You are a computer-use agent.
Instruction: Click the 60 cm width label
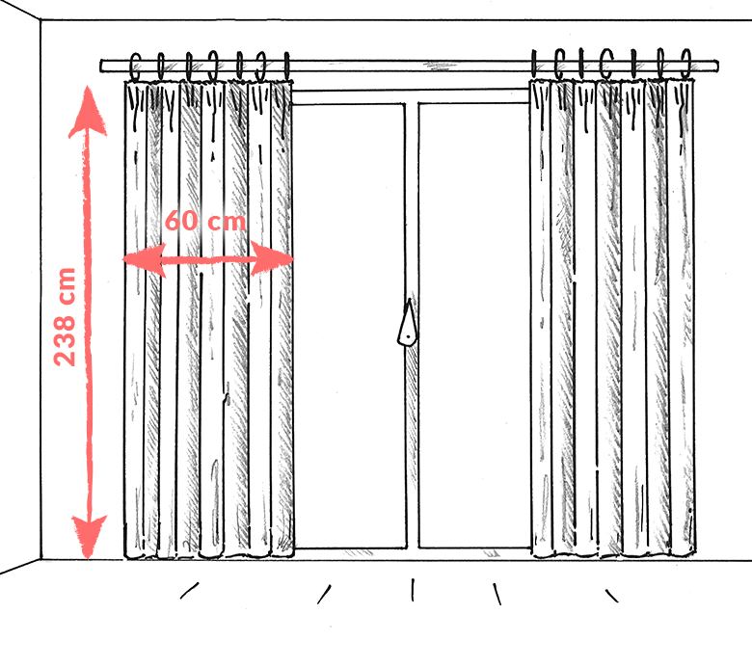(x=205, y=221)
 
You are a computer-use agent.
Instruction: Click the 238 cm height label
(x=65, y=317)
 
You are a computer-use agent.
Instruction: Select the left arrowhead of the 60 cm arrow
(x=144, y=260)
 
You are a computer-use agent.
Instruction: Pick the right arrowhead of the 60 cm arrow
(x=272, y=259)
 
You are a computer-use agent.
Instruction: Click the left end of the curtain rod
(x=101, y=67)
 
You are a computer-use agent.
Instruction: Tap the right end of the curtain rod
(x=716, y=66)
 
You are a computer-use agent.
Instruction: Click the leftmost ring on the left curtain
(x=136, y=67)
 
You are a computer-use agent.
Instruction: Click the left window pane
(x=349, y=326)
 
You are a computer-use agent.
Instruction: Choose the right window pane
(x=473, y=325)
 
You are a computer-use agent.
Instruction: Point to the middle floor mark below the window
(x=413, y=590)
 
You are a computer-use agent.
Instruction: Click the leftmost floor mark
(x=189, y=591)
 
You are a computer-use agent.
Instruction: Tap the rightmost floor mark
(x=611, y=596)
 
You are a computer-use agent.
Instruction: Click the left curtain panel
(x=208, y=319)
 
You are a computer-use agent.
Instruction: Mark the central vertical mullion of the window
(x=412, y=326)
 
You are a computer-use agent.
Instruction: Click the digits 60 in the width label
(x=181, y=221)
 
